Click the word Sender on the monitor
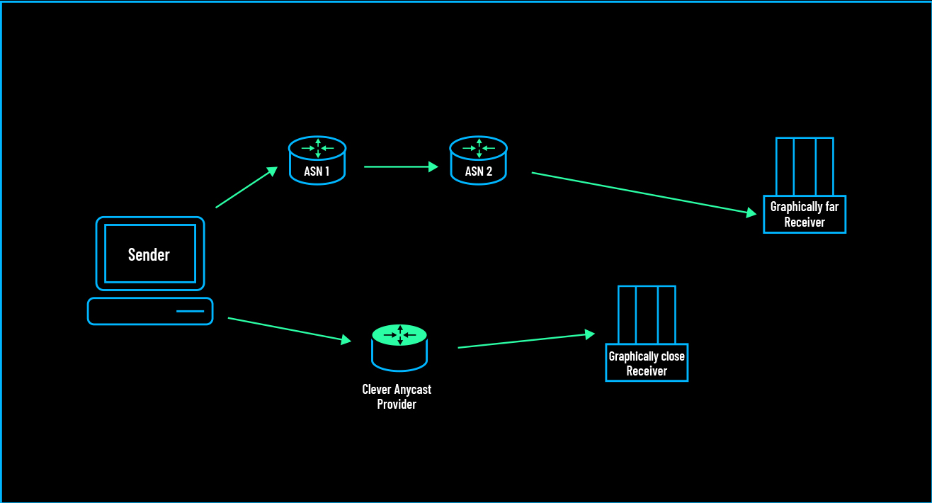149,254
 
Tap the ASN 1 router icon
317,160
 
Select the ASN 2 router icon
479,160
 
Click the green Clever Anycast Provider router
399,347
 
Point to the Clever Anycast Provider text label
397,397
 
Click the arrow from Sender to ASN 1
246,188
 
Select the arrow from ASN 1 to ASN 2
401,167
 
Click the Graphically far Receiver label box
805,214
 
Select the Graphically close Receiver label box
647,363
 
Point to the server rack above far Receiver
805,166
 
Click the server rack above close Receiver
647,315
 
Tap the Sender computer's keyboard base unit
150,311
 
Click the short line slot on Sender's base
190,311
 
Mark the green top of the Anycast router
399,335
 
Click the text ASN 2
479,171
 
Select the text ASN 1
317,171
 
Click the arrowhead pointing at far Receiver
751,213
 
